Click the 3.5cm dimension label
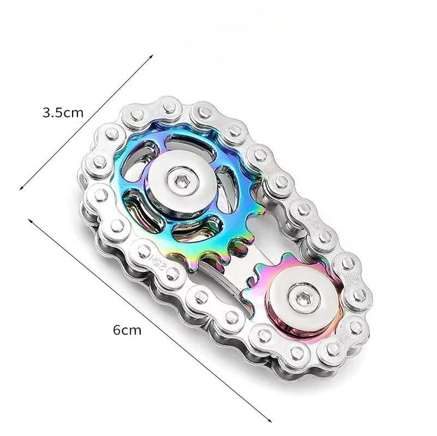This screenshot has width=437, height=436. pyautogui.click(x=63, y=113)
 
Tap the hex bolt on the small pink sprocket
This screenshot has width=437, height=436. pyautogui.click(x=302, y=298)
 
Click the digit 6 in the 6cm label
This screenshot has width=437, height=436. pyautogui.click(x=116, y=330)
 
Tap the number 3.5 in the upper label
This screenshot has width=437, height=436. pyautogui.click(x=53, y=113)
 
